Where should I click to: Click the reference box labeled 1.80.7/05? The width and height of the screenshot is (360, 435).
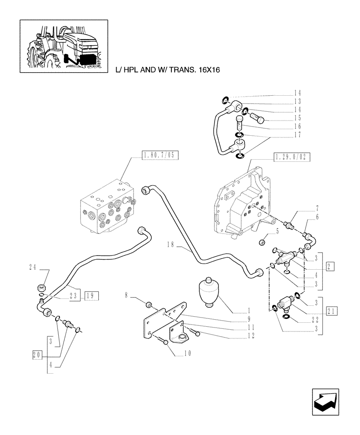coord(160,154)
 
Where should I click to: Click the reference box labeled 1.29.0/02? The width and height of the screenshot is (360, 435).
coord(292,157)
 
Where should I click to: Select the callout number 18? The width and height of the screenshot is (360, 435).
coord(170,245)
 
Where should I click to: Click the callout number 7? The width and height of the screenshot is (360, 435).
coord(318,208)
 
